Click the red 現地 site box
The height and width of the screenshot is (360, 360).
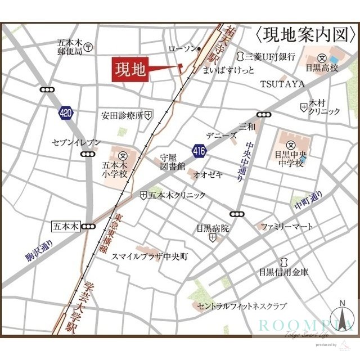tap(130, 70)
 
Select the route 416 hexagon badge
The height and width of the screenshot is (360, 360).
tap(200, 150)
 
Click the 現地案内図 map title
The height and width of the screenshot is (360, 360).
tap(306, 35)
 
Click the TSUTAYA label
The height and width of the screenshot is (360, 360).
tap(282, 84)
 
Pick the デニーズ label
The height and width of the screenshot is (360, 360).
tap(220, 136)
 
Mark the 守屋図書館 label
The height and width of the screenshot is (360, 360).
tap(173, 162)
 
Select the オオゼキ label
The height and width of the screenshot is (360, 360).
tap(208, 175)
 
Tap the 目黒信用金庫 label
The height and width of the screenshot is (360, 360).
tap(284, 272)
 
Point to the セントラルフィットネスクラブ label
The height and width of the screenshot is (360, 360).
tap(242, 306)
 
